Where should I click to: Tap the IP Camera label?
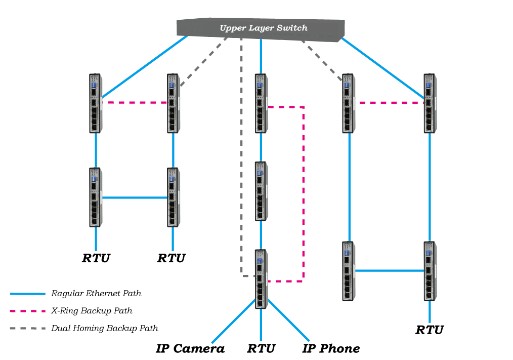click(x=190, y=348)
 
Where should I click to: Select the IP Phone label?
click(x=331, y=348)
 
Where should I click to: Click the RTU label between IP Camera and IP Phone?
click(x=261, y=348)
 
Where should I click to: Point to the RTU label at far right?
click(x=430, y=330)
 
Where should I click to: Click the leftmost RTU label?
click(x=96, y=258)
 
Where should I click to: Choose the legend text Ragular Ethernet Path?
click(x=96, y=294)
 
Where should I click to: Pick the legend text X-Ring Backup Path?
click(x=92, y=311)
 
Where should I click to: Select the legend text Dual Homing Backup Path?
click(x=105, y=329)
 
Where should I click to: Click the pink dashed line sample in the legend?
click(x=27, y=311)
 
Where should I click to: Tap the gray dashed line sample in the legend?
click(x=27, y=329)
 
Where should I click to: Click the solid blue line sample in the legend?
click(x=27, y=294)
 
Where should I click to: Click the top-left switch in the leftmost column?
click(x=96, y=103)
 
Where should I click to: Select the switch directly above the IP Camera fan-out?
click(x=261, y=278)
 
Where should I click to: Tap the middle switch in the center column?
click(x=261, y=191)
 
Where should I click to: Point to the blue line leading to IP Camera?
click(x=233, y=321)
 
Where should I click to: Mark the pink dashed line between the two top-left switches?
click(x=135, y=103)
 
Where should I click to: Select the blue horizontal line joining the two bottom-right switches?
click(x=390, y=270)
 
